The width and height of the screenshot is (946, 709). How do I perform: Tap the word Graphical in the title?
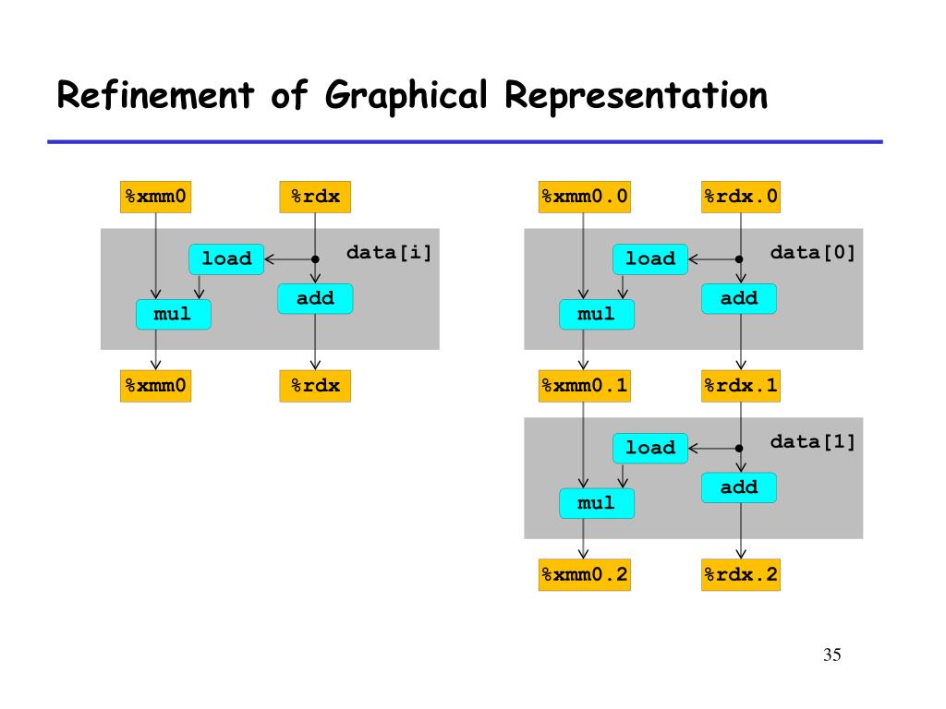tap(405, 95)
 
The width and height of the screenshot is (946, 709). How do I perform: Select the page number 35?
tap(831, 655)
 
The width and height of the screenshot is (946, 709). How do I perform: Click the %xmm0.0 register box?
tap(585, 197)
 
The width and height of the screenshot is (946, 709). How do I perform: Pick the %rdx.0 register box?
tap(741, 197)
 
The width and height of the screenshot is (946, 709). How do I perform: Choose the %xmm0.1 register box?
tap(585, 386)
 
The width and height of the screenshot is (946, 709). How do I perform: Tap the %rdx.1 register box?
tap(741, 386)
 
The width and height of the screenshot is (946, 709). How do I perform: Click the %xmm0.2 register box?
tap(585, 575)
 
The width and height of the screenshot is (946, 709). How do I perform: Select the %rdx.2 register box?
tap(741, 575)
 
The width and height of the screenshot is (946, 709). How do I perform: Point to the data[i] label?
tap(389, 252)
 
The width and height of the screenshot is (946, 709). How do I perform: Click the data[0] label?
tap(813, 252)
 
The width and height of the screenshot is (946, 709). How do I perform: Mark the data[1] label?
tap(813, 441)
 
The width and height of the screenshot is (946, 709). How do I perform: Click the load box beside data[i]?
tap(226, 259)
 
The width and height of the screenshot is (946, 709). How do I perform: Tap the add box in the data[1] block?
tap(739, 487)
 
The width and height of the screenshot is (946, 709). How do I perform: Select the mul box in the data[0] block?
tap(596, 315)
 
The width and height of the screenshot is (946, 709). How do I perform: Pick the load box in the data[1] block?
tap(650, 448)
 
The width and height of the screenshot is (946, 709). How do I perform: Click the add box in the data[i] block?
tap(315, 299)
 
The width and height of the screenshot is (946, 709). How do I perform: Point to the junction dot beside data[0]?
tap(739, 259)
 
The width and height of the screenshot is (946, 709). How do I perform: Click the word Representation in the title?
tap(637, 95)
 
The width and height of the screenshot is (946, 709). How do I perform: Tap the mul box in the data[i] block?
tap(173, 315)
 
